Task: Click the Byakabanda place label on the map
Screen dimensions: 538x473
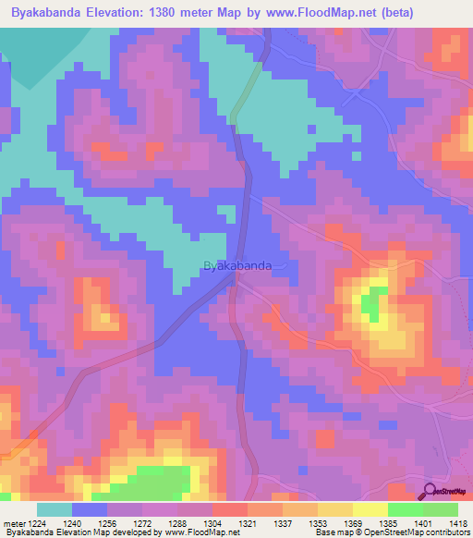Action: click(x=236, y=265)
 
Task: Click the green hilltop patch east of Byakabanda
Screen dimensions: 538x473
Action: click(x=372, y=302)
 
